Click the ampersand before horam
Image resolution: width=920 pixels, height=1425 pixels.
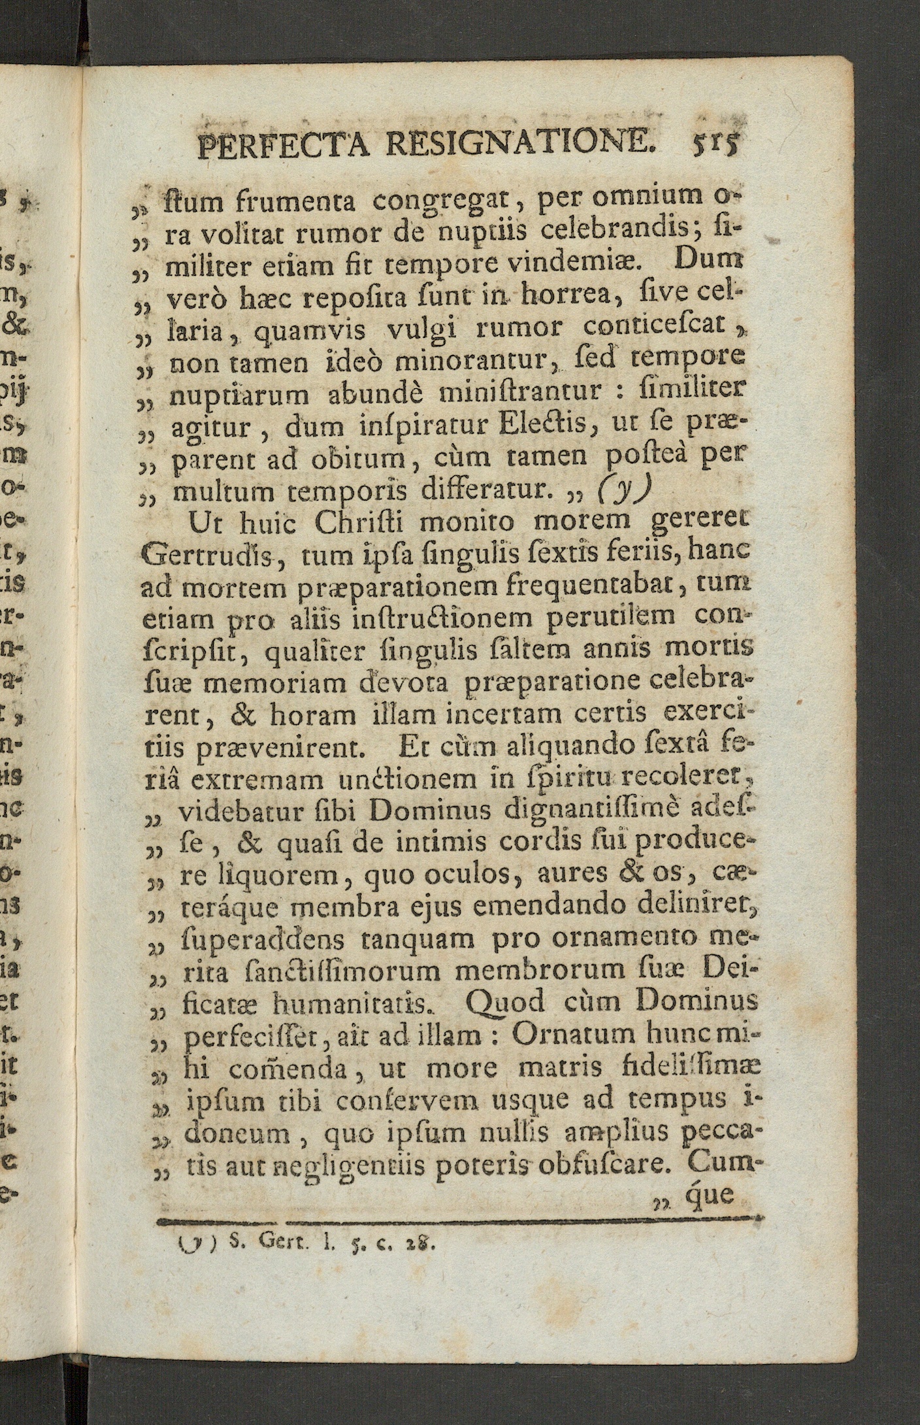(x=249, y=714)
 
